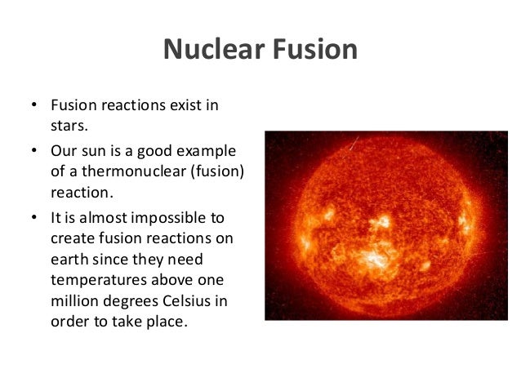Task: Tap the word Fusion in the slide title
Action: pos(312,50)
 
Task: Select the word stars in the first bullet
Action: pos(69,127)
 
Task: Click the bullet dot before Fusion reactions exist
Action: pos(33,108)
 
